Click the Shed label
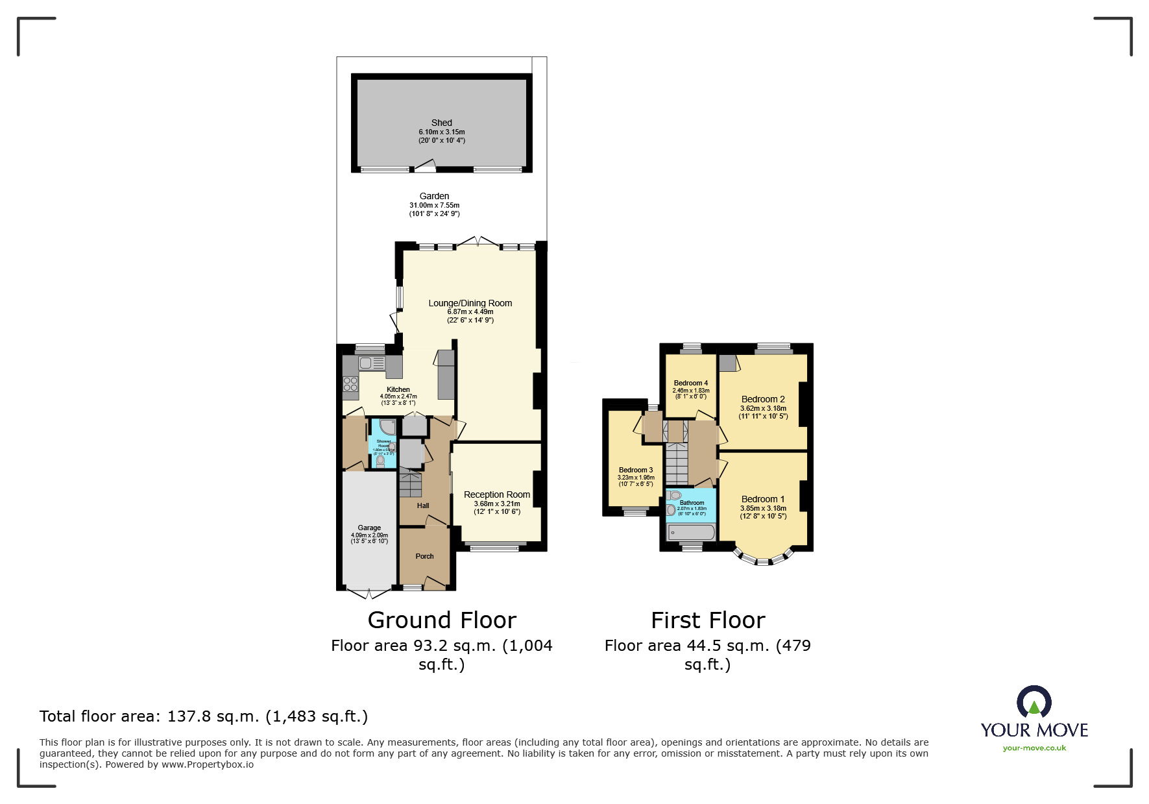click(x=441, y=123)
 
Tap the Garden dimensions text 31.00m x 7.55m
click(x=434, y=205)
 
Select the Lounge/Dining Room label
click(x=470, y=303)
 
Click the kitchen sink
click(x=365, y=363)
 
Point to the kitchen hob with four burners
click(x=350, y=384)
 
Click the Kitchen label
click(x=398, y=389)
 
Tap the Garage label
click(x=369, y=528)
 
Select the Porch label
click(x=424, y=556)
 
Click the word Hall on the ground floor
click(x=423, y=506)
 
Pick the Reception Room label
click(x=496, y=494)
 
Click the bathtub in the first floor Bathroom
click(x=691, y=533)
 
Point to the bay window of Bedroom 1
click(x=763, y=558)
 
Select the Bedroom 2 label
click(x=763, y=399)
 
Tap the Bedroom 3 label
click(x=636, y=470)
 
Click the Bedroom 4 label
click(x=690, y=383)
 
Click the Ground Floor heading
click(x=442, y=620)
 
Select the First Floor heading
click(x=708, y=620)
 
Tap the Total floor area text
click(x=204, y=716)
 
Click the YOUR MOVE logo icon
click(x=1034, y=702)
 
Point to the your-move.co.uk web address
click(x=1034, y=748)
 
